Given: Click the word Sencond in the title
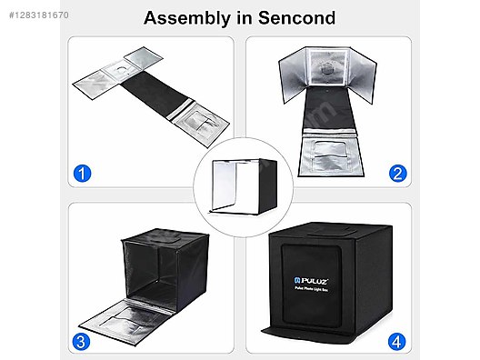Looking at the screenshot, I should tap(298, 18).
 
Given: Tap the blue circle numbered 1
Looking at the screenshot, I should tap(84, 174).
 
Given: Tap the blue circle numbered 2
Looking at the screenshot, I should tap(397, 174).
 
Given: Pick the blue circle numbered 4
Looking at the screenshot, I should tap(397, 343).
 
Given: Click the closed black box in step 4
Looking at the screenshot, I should tap(334, 282).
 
